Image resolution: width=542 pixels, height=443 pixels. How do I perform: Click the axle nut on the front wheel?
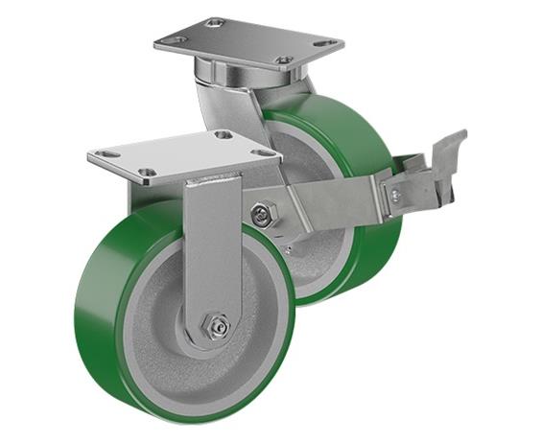coord(216,327)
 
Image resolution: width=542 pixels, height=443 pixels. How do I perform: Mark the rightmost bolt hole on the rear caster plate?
coord(328,43)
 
